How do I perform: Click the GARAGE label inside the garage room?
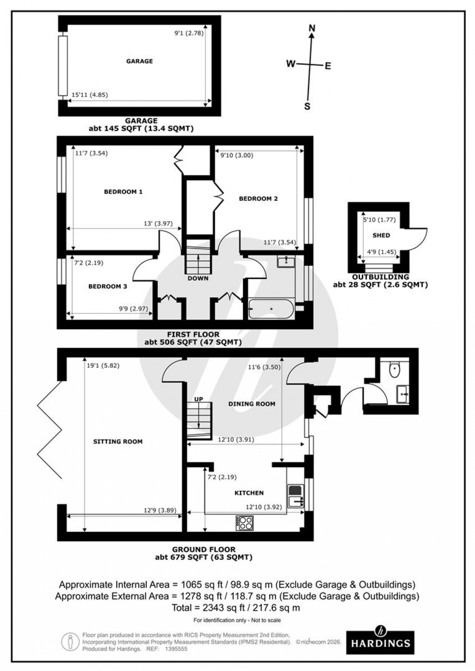pyautogui.click(x=139, y=61)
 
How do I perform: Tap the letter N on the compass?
pyautogui.click(x=312, y=29)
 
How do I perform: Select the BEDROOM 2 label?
pyautogui.click(x=258, y=198)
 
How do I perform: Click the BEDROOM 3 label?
pyautogui.click(x=108, y=286)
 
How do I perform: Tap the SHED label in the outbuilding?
pyautogui.click(x=381, y=235)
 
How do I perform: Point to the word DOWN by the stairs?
pyautogui.click(x=198, y=278)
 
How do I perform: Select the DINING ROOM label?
pyautogui.click(x=251, y=404)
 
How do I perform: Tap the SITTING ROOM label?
pyautogui.click(x=117, y=441)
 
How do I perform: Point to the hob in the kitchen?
pyautogui.click(x=245, y=522)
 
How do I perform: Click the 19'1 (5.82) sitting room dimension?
pyautogui.click(x=103, y=366)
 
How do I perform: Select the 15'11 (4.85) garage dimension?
pyautogui.click(x=89, y=95)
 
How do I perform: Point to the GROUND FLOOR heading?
pyautogui.click(x=204, y=549)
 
